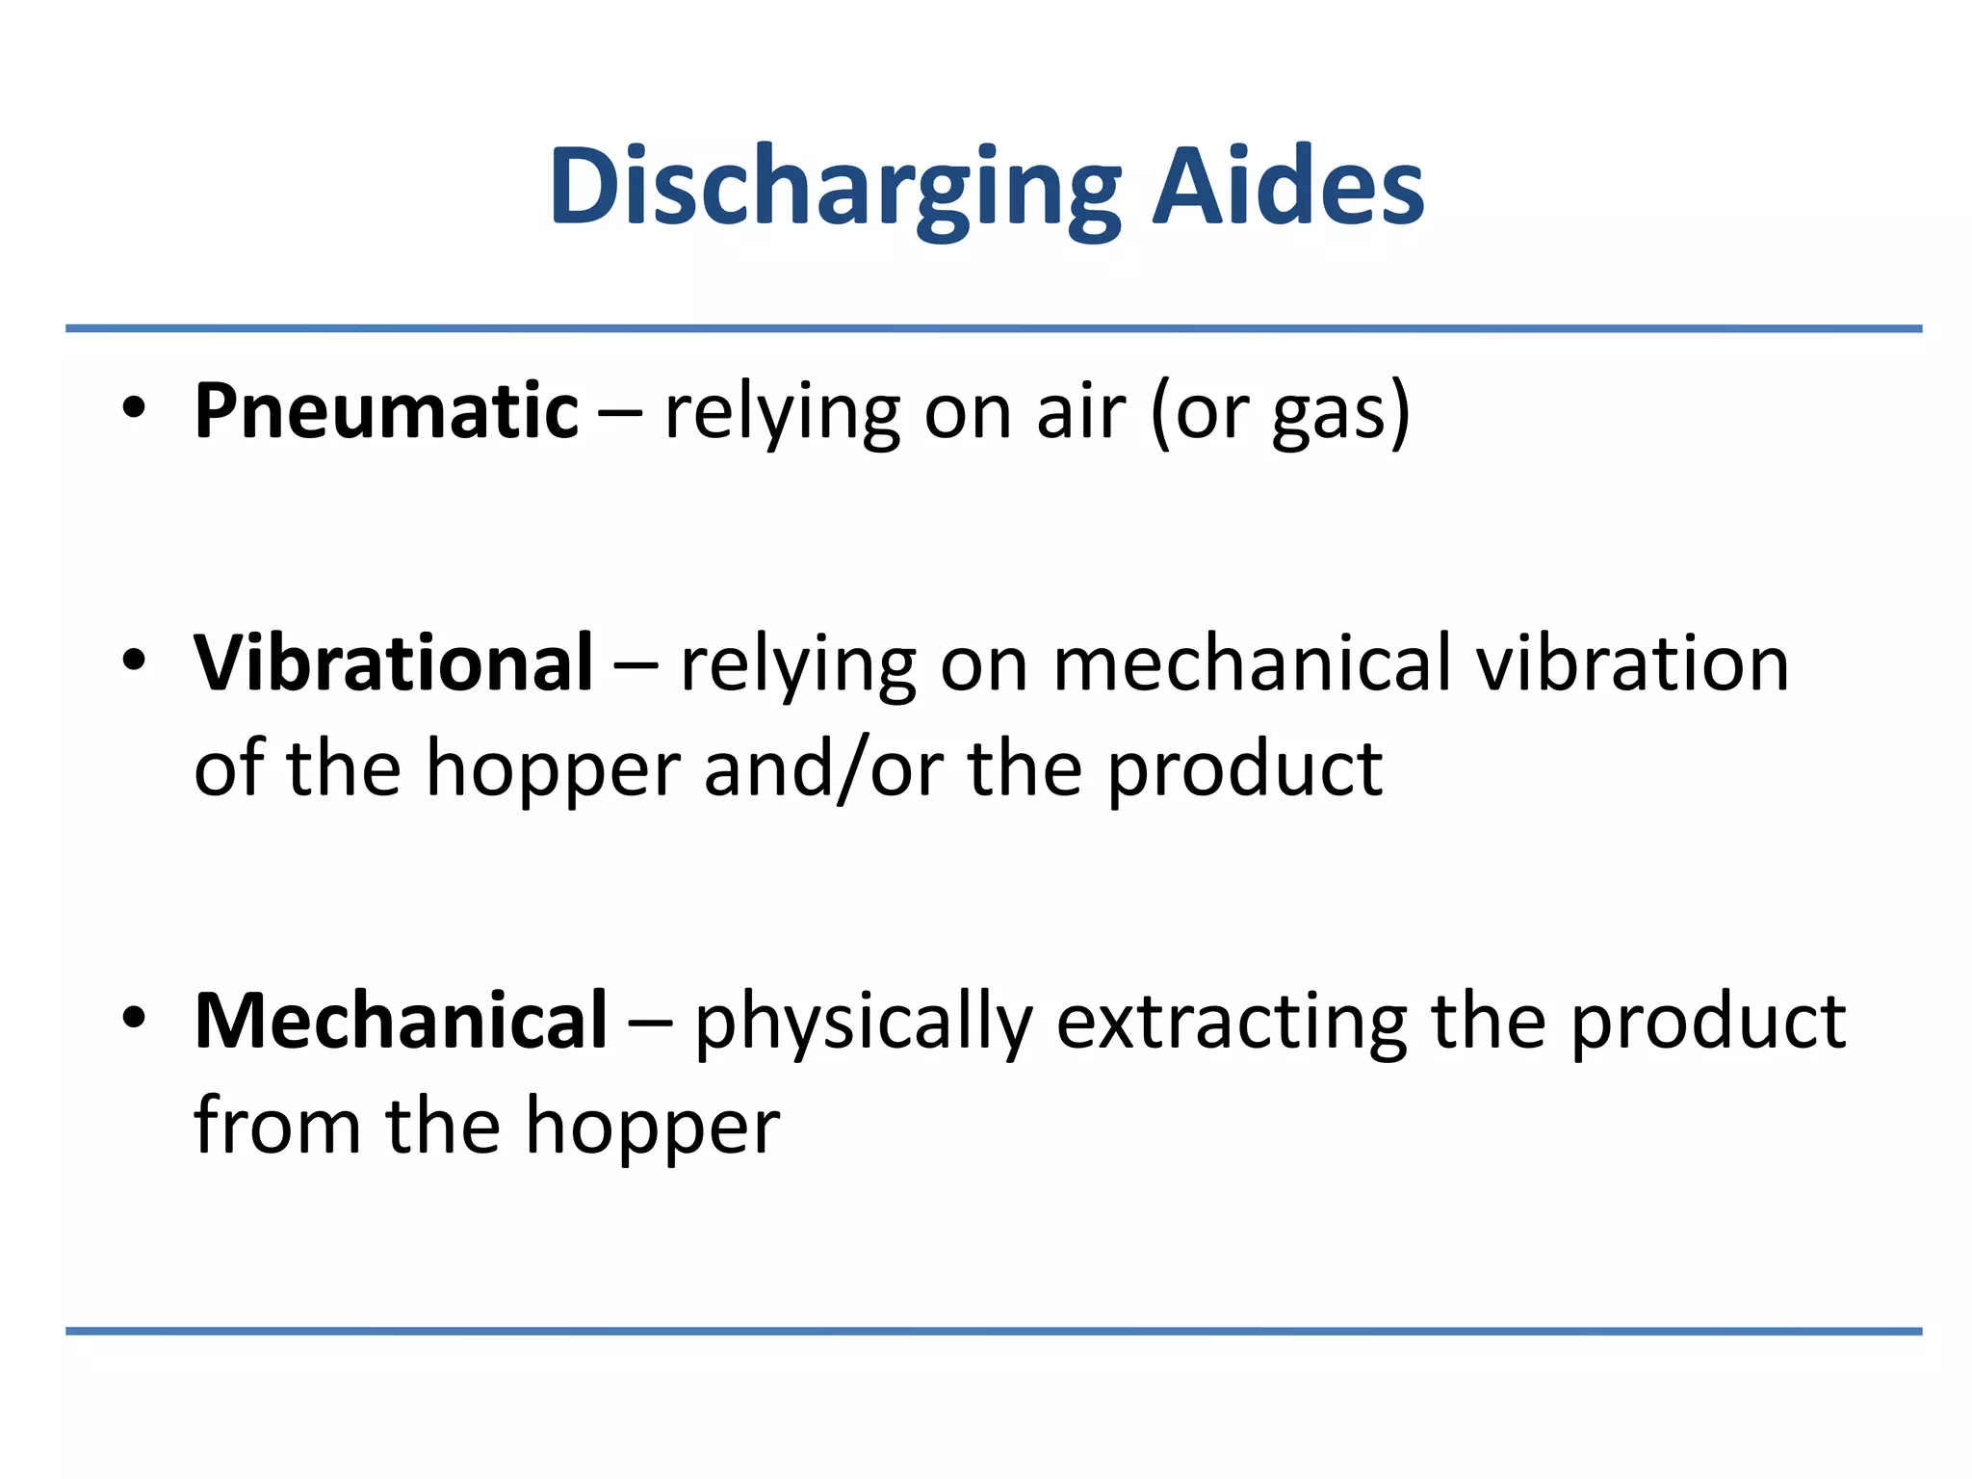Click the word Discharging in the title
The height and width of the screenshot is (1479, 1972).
(x=835, y=188)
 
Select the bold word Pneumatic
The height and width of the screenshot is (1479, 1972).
(x=386, y=411)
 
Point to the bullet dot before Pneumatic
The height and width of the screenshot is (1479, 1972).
(x=134, y=408)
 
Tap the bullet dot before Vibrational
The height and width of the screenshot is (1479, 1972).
(x=134, y=661)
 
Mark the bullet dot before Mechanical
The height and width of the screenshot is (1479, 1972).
(x=134, y=1018)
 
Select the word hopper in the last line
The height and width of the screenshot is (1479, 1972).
(x=652, y=1129)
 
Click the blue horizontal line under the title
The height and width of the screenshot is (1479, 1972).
(x=994, y=328)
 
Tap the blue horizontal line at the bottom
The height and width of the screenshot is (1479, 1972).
(x=994, y=1332)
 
